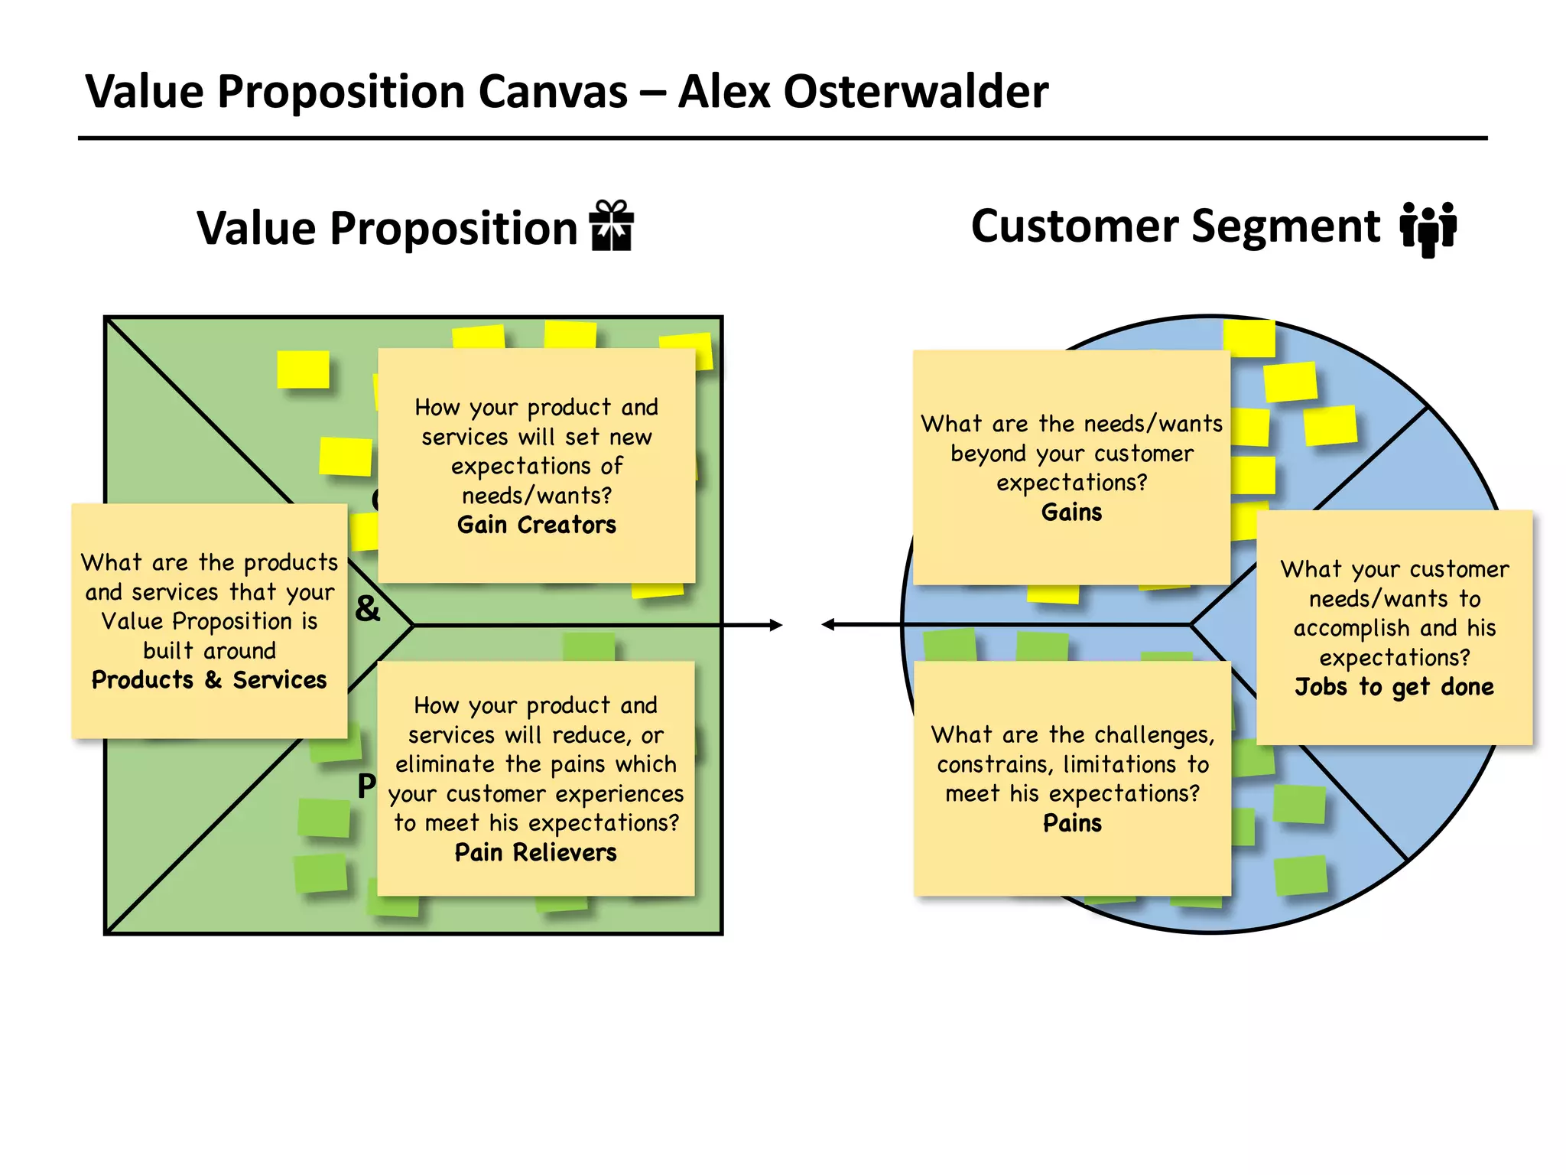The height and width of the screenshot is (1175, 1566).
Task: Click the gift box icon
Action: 611,226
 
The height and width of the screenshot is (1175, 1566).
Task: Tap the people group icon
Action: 1428,228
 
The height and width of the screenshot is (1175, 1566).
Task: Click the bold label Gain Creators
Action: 536,525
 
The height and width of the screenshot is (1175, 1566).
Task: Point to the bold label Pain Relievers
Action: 535,852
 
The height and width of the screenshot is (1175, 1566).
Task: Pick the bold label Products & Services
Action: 209,680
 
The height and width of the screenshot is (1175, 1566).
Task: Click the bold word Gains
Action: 1071,512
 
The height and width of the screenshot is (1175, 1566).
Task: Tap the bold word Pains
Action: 1072,823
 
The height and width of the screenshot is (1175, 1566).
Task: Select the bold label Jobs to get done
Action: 1394,687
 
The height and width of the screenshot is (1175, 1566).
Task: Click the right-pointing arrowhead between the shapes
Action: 775,625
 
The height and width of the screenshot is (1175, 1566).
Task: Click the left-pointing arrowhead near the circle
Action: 828,625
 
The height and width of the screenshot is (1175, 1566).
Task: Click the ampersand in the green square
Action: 367,609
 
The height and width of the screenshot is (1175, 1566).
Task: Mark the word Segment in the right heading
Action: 1285,226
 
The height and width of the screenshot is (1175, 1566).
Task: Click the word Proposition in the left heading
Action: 453,228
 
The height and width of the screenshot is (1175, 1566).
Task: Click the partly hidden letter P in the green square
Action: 366,785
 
